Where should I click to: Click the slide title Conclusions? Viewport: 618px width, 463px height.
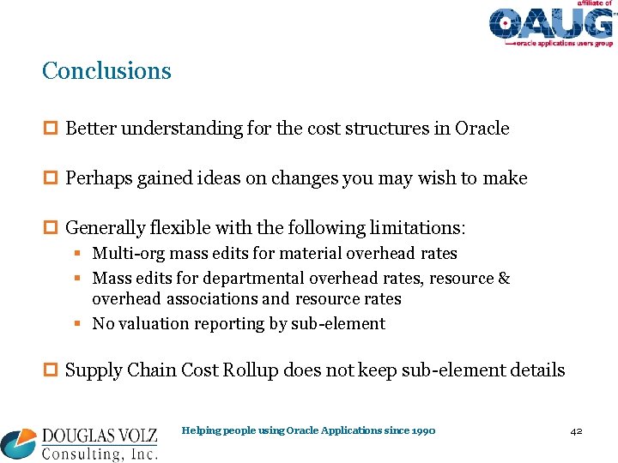[x=106, y=70]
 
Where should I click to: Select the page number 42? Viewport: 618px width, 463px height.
[x=576, y=430]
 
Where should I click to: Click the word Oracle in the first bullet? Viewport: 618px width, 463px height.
[x=482, y=129]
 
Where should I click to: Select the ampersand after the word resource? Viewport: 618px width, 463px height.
[x=504, y=279]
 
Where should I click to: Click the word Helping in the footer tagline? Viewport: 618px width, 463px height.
[x=199, y=430]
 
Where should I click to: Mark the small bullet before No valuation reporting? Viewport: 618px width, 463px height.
[x=77, y=324]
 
